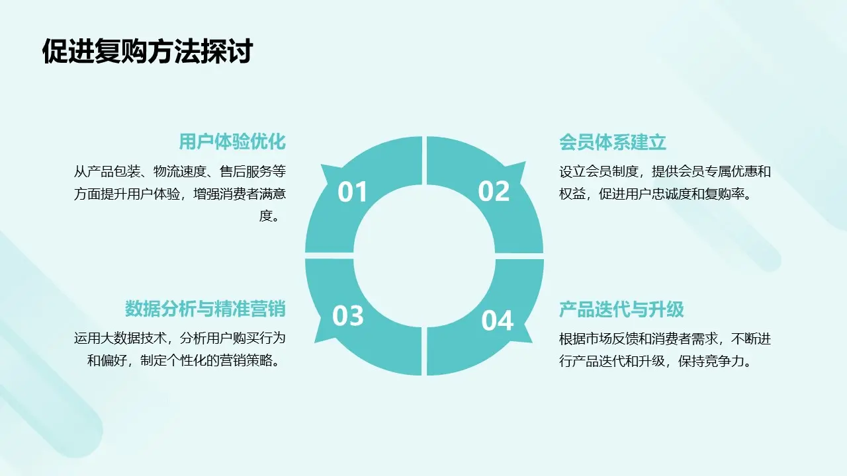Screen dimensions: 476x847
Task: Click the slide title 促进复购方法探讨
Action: [x=147, y=51]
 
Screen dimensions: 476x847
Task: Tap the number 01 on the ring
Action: [x=352, y=192]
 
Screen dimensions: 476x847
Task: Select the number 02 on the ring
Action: [x=494, y=192]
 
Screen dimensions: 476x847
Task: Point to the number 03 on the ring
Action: [x=348, y=316]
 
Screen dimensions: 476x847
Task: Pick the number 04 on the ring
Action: [x=497, y=321]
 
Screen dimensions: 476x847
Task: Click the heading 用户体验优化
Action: [x=232, y=142]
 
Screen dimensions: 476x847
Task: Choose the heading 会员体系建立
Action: [x=613, y=142]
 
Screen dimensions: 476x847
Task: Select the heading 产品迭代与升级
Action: [x=621, y=309]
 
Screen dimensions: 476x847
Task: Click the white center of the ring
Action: [x=423, y=255]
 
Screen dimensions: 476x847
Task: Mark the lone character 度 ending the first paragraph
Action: [x=266, y=216]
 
